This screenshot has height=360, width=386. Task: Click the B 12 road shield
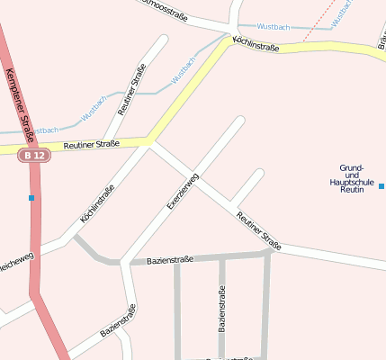click(x=32, y=156)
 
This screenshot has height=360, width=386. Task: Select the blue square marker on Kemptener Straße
click(x=31, y=198)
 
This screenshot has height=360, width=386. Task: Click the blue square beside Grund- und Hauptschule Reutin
click(x=382, y=186)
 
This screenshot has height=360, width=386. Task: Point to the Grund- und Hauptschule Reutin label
click(x=351, y=178)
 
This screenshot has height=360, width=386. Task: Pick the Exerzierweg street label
click(x=183, y=190)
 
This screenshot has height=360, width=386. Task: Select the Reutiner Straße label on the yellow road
click(x=91, y=144)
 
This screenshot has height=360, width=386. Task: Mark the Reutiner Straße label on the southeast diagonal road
click(x=258, y=230)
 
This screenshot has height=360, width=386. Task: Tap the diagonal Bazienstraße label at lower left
click(x=118, y=321)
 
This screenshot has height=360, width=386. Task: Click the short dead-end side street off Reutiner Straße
click(x=248, y=185)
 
